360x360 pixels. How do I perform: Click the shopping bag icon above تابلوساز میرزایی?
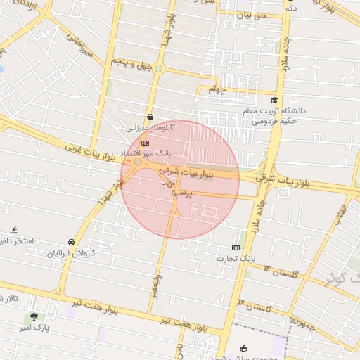coord(150,117)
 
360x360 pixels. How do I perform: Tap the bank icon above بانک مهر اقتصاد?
coord(146,143)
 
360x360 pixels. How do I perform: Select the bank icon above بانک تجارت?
coord(236,247)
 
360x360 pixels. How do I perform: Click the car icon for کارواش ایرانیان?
coord(71,241)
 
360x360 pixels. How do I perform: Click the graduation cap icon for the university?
coord(274,100)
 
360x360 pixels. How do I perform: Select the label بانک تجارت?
coord(236,259)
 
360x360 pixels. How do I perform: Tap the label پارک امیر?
coord(32,328)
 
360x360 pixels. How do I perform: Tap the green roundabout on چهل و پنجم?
coord(160,68)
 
